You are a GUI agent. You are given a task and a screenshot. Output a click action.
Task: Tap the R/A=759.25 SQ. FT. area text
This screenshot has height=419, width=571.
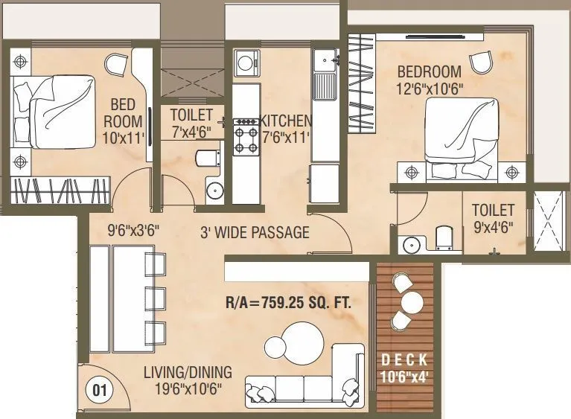[x=288, y=304]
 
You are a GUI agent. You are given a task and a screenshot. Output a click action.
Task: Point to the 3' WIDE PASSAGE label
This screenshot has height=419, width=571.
[x=255, y=233]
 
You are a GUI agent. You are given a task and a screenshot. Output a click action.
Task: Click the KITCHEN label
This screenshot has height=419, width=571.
[x=285, y=121]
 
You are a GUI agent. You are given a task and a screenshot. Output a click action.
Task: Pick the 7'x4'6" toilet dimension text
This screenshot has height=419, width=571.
[x=191, y=132]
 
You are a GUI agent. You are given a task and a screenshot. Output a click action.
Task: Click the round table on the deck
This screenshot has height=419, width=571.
[x=412, y=302]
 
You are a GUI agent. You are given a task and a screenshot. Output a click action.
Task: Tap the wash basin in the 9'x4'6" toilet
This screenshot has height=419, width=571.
[x=409, y=244]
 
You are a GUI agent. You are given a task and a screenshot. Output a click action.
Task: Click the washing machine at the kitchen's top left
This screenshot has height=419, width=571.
[x=245, y=63]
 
